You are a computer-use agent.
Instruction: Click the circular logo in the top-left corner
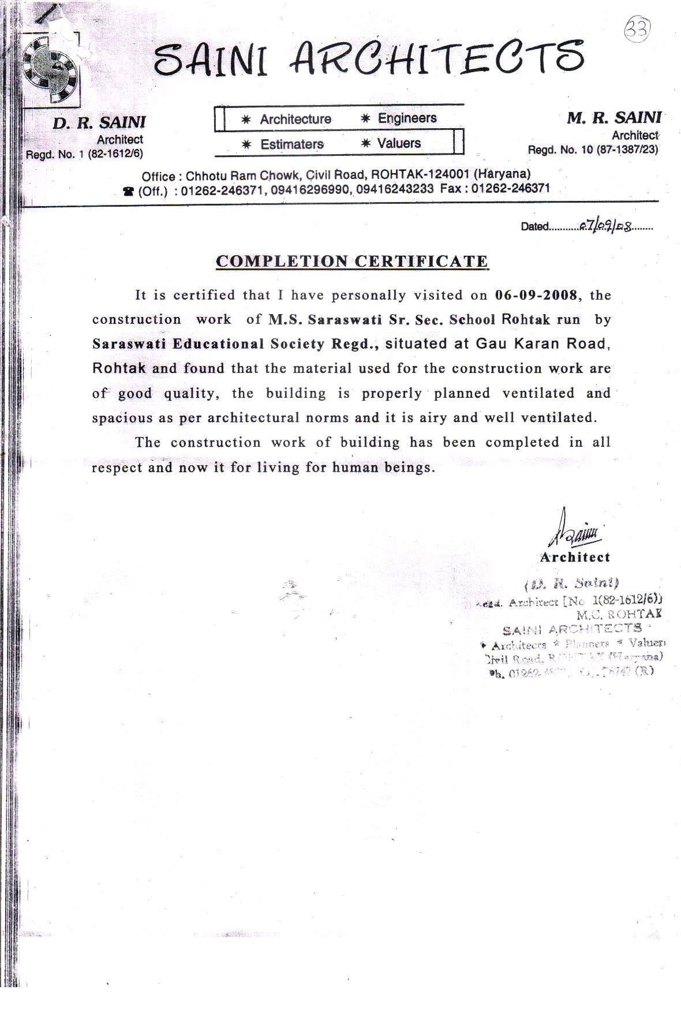click(51, 67)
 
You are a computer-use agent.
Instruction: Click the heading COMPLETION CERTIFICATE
click(352, 262)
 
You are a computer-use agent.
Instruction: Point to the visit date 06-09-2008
click(536, 295)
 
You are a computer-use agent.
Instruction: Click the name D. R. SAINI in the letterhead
click(99, 122)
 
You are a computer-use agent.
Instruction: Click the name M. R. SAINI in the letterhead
click(614, 118)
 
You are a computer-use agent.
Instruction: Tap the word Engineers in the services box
click(407, 118)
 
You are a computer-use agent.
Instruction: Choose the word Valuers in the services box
click(399, 143)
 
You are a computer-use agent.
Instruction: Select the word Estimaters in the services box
click(292, 144)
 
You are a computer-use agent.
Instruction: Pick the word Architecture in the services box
click(295, 120)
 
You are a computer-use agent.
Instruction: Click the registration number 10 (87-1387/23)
click(615, 150)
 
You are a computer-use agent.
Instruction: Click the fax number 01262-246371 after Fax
click(510, 188)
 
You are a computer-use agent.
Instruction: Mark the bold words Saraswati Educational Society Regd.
click(235, 344)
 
